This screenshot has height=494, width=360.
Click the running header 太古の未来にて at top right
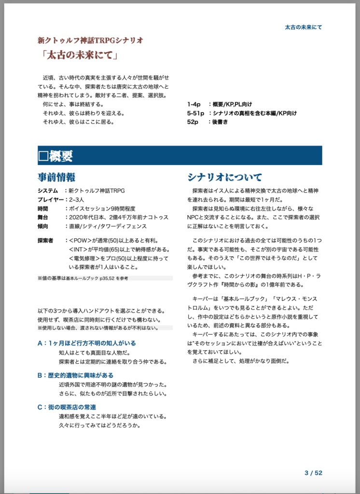coord(303,27)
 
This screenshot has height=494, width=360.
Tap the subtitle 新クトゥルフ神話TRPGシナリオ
coord(90,40)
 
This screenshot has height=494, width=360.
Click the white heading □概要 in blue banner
coord(55,156)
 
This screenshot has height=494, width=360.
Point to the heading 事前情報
coord(56,177)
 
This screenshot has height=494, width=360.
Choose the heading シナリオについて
coord(225,177)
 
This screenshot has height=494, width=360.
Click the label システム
coord(47,191)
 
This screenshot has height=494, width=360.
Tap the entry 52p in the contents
coord(193,122)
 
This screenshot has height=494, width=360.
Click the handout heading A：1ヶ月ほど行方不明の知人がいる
coord(86,343)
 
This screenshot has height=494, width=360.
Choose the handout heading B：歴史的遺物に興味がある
coord(75,375)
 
